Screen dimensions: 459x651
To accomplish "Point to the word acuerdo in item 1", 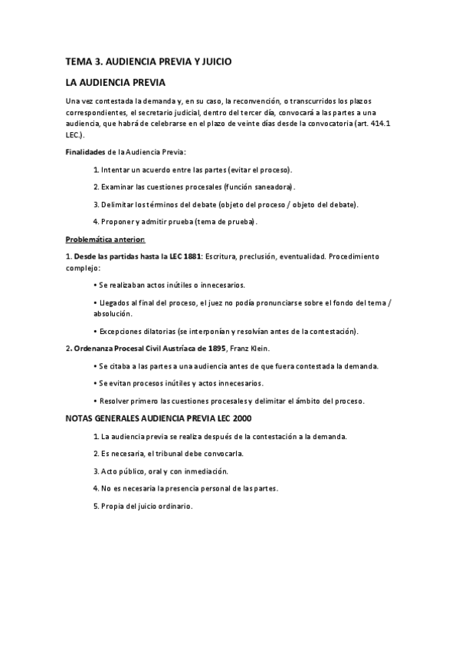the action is [159, 170].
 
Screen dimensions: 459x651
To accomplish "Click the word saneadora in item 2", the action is [272, 187].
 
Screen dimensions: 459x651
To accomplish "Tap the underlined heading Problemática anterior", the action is [100, 240].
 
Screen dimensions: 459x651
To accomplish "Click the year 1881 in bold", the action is [192, 256].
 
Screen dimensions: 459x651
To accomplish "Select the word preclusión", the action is [257, 256].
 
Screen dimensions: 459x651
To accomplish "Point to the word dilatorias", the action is [159, 332].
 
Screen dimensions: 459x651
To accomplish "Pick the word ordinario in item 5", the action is [173, 506].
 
